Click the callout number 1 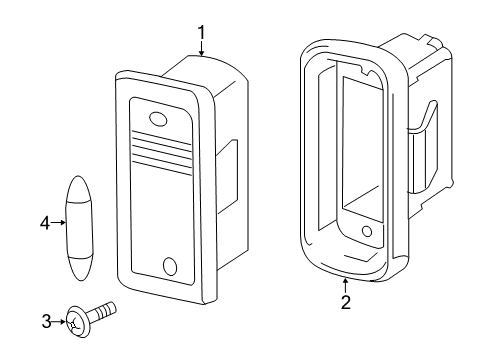click(201, 33)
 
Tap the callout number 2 click(346, 302)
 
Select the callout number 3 click(47, 322)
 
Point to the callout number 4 click(45, 223)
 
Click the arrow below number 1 click(201, 48)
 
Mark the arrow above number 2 click(346, 286)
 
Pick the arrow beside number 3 click(59, 322)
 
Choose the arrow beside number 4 click(59, 223)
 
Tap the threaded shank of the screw click(103, 311)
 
